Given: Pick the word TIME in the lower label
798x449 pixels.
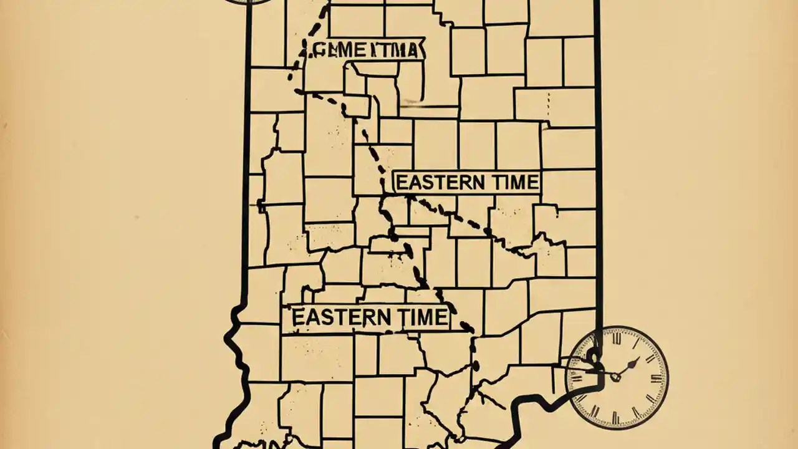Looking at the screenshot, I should pos(418,317).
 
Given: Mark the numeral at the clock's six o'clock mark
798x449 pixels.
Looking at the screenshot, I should pos(617,416).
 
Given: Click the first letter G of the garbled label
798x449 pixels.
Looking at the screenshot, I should pos(318,51).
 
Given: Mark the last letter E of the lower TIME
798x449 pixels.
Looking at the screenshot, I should pos(440,317).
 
